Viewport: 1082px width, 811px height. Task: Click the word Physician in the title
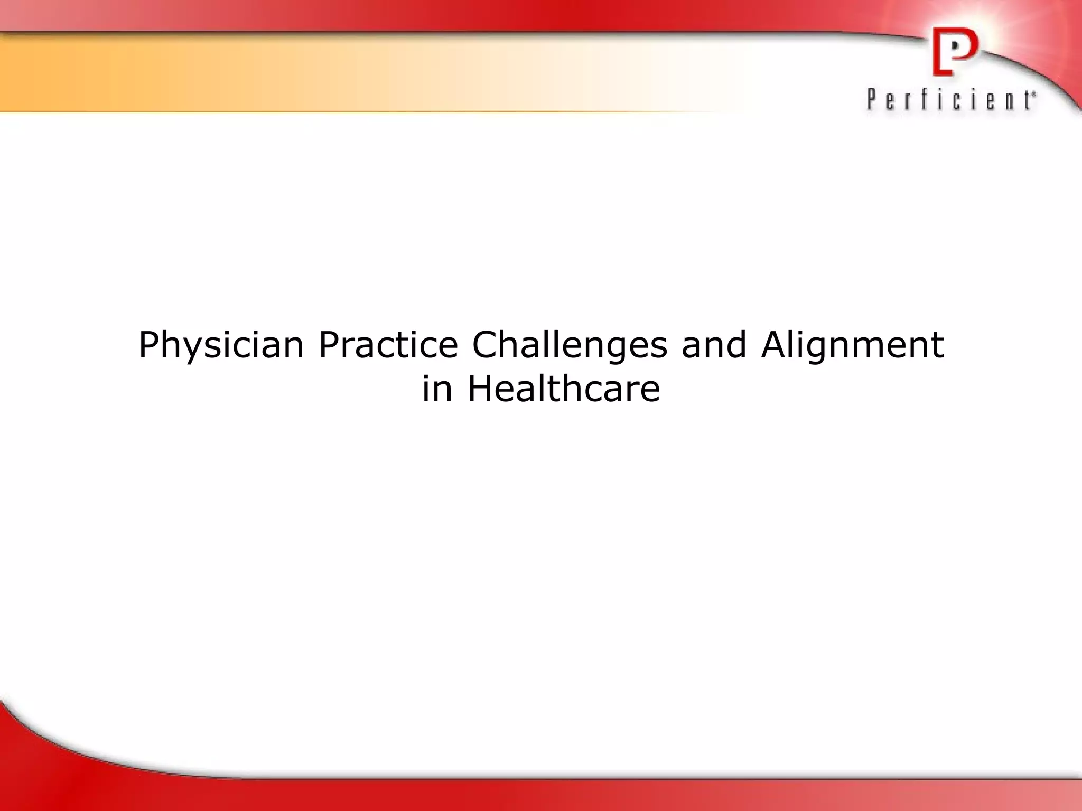click(x=221, y=345)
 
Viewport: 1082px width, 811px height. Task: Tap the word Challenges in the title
click(x=570, y=345)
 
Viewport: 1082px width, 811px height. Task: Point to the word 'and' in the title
click(x=714, y=345)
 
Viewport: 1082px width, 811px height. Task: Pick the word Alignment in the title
click(x=852, y=345)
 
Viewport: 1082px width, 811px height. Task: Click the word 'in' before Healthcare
click(x=437, y=390)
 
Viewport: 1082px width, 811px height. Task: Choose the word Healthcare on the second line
click(x=564, y=390)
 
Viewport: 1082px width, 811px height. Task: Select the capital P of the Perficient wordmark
click(x=871, y=99)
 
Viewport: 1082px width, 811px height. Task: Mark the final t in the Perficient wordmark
click(x=1028, y=100)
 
